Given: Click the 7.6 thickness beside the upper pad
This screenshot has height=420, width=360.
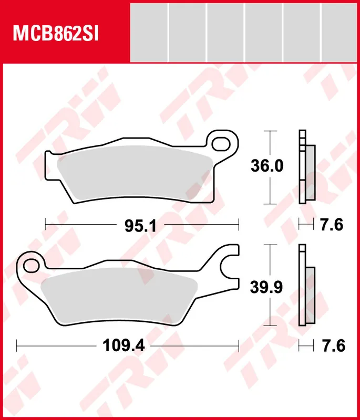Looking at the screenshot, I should (x=332, y=225).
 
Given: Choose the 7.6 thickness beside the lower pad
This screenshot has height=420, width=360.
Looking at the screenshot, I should (x=332, y=345).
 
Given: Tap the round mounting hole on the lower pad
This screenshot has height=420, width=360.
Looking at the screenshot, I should (x=31, y=264).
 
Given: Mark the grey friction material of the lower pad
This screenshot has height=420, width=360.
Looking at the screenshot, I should (x=118, y=294).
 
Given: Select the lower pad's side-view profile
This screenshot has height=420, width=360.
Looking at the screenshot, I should (x=306, y=286).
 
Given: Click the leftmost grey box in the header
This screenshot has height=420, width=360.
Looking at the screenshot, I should (x=149, y=31).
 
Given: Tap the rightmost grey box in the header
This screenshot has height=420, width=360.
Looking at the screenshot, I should (x=341, y=31).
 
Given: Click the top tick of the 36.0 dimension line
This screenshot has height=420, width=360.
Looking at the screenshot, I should (x=270, y=130).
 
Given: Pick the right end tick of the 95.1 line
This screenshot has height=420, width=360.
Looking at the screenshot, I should (x=239, y=225).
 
